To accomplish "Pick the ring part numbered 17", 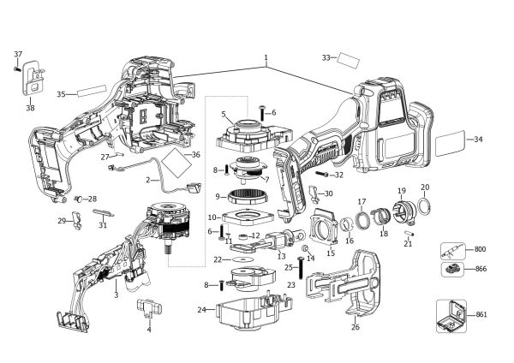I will click(362, 217).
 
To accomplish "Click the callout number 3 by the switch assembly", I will click(115, 295).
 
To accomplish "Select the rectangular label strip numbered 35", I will click(93, 91).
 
